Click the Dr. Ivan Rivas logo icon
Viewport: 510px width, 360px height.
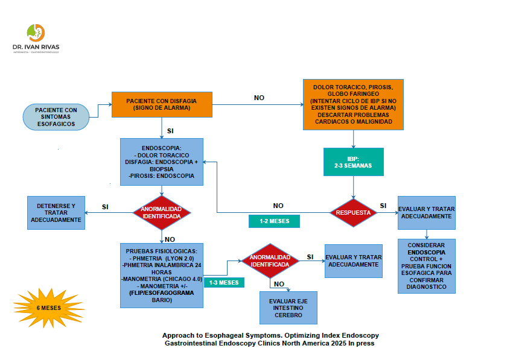(x=36, y=32)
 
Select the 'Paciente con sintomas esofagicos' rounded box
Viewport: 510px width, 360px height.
(x=56, y=116)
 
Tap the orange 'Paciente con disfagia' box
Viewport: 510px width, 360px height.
(x=162, y=104)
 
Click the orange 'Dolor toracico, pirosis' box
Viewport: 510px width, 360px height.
(x=353, y=104)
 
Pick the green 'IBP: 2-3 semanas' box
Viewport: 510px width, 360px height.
(x=353, y=161)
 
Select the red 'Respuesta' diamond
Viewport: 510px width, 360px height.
(x=353, y=212)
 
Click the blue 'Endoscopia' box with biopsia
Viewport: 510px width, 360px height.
(x=161, y=162)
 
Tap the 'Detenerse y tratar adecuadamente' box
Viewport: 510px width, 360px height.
(x=56, y=212)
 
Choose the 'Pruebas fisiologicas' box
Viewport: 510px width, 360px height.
(x=162, y=275)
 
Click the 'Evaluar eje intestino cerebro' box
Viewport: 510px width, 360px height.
(x=288, y=308)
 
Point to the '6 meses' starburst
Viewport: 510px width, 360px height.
(x=48, y=308)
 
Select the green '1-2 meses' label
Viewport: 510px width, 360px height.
(x=274, y=221)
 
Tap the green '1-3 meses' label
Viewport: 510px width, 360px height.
(x=223, y=282)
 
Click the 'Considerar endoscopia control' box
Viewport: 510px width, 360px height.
(x=427, y=266)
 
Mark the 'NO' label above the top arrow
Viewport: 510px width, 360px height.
(x=259, y=98)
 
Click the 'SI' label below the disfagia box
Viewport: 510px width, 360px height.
(x=170, y=130)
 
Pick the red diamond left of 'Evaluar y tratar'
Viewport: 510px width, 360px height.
(x=270, y=261)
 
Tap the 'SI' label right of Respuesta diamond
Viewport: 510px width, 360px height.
(x=383, y=206)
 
